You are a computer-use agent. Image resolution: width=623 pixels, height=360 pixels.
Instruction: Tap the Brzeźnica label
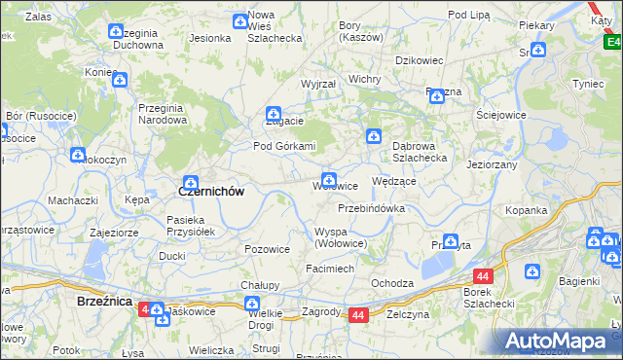[103, 303]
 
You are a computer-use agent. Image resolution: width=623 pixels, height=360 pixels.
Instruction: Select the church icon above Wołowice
[329, 180]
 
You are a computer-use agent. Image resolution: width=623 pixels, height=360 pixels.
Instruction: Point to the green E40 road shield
[611, 42]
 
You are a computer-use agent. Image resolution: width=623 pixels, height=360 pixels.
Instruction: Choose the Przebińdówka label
[371, 208]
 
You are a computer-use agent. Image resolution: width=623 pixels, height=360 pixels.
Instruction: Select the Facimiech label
[330, 268]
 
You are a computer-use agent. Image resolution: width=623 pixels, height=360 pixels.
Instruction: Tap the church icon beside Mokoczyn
[78, 154]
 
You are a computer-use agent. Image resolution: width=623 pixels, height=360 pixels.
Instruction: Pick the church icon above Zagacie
[275, 113]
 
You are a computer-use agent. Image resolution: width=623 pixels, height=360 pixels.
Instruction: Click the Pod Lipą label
[468, 15]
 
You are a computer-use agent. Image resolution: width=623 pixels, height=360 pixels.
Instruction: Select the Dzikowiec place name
[419, 60]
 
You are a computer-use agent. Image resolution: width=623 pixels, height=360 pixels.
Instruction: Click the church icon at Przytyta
[451, 240]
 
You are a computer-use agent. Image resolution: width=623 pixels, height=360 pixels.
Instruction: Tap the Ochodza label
[392, 283]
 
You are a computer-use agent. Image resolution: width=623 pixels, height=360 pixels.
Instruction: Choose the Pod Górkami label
[285, 146]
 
